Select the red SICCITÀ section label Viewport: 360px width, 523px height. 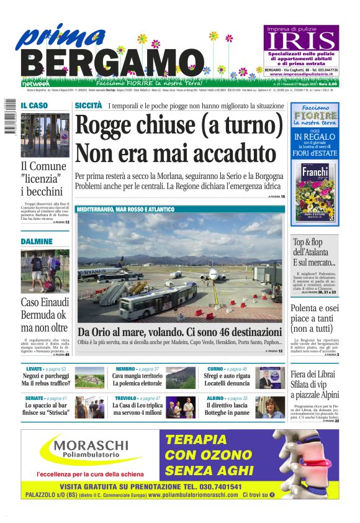point(88,106)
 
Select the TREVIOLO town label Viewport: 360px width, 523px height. point(126,398)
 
